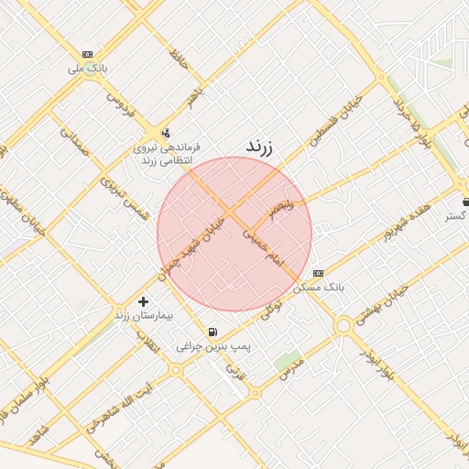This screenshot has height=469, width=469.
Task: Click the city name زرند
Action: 260,147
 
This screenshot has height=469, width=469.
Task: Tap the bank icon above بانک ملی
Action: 87,54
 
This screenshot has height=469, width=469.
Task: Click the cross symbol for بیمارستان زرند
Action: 142,300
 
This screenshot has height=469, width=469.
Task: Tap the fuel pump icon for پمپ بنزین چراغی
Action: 213,332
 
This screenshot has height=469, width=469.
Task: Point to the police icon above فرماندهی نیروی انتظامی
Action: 165,131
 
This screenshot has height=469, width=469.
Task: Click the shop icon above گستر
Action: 465,201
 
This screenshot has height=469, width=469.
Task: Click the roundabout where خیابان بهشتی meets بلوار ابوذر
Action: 344,325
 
